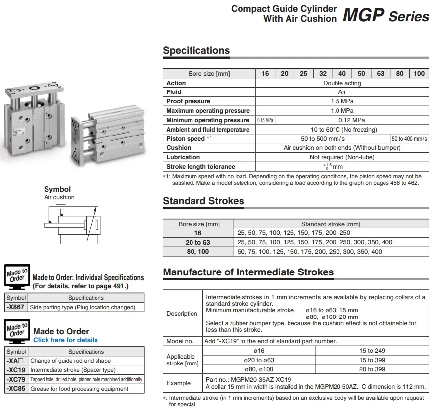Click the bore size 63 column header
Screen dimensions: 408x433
(x=380, y=73)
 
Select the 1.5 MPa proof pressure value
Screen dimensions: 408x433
(x=342, y=101)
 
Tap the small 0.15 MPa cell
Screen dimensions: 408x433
(x=265, y=120)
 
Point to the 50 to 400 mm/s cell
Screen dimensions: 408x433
(x=410, y=139)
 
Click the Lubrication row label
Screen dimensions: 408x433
(x=183, y=157)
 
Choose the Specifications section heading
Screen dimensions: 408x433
(x=196, y=51)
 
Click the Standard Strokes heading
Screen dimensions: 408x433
(x=203, y=201)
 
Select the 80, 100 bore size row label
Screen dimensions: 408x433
(x=198, y=251)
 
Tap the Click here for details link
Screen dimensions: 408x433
(x=65, y=340)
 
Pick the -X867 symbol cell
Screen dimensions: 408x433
(x=16, y=307)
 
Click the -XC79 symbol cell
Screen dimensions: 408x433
(x=16, y=379)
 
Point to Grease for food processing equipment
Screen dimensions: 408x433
(x=79, y=389)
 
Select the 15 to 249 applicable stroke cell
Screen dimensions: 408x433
(x=372, y=351)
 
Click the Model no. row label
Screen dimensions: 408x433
(x=180, y=341)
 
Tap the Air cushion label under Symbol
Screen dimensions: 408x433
(x=59, y=197)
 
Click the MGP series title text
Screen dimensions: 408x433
(x=385, y=16)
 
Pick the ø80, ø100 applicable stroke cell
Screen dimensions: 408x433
(x=259, y=369)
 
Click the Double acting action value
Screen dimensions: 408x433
(x=342, y=83)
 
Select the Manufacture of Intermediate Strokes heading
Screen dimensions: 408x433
(x=248, y=272)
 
